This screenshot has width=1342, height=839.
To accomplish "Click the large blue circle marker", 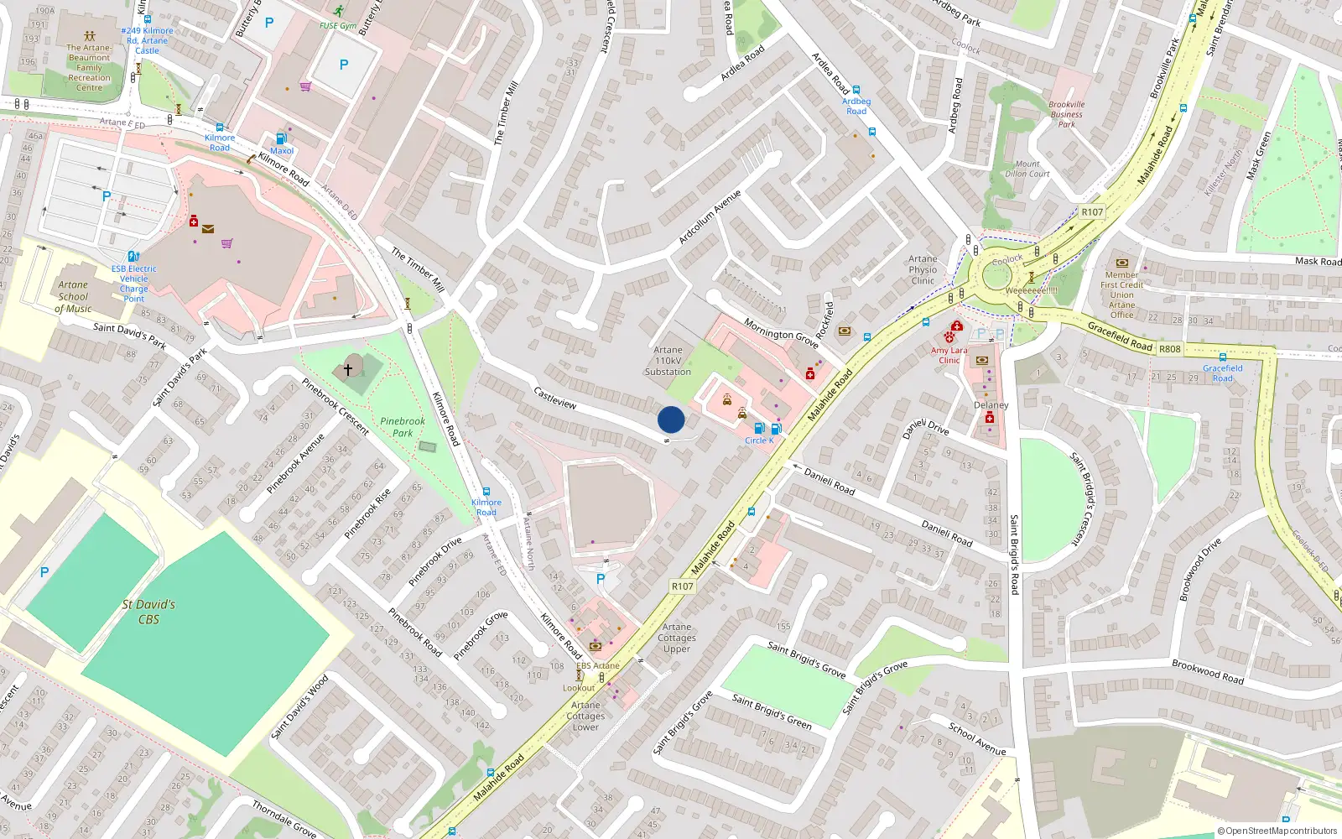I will point(671,419).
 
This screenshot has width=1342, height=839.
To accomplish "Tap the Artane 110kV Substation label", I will point(668,361).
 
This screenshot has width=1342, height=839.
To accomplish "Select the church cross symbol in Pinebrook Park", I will point(348,369).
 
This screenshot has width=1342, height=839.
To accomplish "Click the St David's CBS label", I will point(148,612).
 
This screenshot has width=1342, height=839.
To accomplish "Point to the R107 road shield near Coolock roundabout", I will point(1092,212).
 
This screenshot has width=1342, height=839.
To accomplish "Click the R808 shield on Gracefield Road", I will point(1169,349).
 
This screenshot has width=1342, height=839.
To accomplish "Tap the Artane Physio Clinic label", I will point(923,269).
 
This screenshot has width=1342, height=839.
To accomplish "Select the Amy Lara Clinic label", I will point(949,355).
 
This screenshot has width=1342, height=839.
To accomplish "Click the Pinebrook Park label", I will point(403,427).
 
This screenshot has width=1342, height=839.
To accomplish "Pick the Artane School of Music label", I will point(73,296).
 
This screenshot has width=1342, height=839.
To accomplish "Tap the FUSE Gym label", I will point(338,26).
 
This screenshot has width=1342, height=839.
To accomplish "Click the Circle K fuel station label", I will point(759,440).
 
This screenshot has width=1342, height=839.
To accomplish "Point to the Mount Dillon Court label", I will point(1027,169).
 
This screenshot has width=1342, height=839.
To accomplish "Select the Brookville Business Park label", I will point(1066,114).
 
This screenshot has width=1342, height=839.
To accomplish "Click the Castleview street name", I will point(555,398).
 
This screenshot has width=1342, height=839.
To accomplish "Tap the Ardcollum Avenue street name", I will point(710,218).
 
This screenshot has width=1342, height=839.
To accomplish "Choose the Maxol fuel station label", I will point(282,151).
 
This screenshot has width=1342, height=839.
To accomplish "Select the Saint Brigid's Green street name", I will point(772,711).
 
